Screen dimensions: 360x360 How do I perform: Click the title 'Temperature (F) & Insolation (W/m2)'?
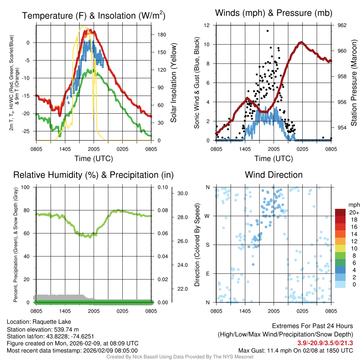tap(94, 16)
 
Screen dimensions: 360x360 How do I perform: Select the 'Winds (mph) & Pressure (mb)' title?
tap(274, 13)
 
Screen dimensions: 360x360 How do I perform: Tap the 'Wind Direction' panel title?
tap(274, 175)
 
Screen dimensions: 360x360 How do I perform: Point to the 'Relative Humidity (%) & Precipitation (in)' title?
tap(94, 175)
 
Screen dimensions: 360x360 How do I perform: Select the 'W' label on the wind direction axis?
tap(208, 216)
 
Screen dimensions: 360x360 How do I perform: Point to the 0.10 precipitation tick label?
tap(162, 187)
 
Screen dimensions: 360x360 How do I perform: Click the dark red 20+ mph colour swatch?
tap(341, 212)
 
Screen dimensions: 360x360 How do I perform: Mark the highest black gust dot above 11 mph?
tap(268, 31)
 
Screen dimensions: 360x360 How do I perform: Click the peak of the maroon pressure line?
tap(301, 42)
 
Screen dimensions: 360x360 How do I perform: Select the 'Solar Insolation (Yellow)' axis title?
tap(173, 83)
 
